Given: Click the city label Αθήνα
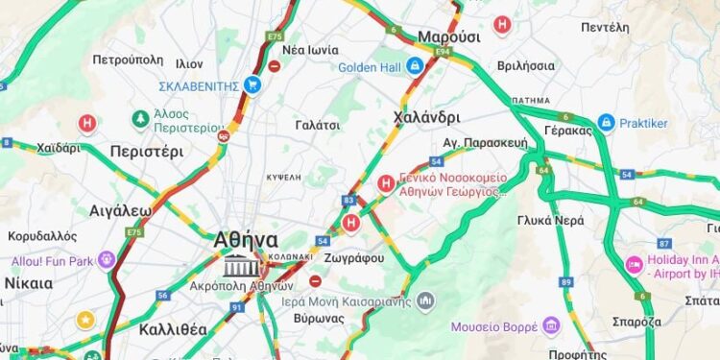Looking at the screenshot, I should pyautogui.click(x=247, y=239).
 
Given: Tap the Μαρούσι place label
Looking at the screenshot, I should pyautogui.click(x=448, y=36).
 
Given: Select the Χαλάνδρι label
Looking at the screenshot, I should pyautogui.click(x=427, y=117).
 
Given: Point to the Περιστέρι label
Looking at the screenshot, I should pyautogui.click(x=146, y=151).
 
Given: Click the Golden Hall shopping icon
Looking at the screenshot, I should pyautogui.click(x=415, y=66).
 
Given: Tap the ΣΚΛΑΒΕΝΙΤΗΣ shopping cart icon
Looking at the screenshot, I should pyautogui.click(x=252, y=85).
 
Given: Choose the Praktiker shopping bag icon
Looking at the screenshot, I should pyautogui.click(x=606, y=123).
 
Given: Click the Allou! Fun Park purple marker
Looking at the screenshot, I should pyautogui.click(x=106, y=260).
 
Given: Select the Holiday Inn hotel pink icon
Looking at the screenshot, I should pyautogui.click(x=634, y=264).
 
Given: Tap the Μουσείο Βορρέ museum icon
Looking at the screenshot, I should pyautogui.click(x=550, y=326).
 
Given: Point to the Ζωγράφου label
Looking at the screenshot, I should pyautogui.click(x=355, y=257).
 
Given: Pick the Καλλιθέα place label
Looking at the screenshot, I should pyautogui.click(x=173, y=329).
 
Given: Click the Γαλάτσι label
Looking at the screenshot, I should pyautogui.click(x=318, y=125).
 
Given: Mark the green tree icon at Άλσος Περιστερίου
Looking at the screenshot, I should pyautogui.click(x=141, y=119).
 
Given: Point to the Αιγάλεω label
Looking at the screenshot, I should pyautogui.click(x=120, y=210).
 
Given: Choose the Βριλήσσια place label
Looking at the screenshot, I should pyautogui.click(x=525, y=65).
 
